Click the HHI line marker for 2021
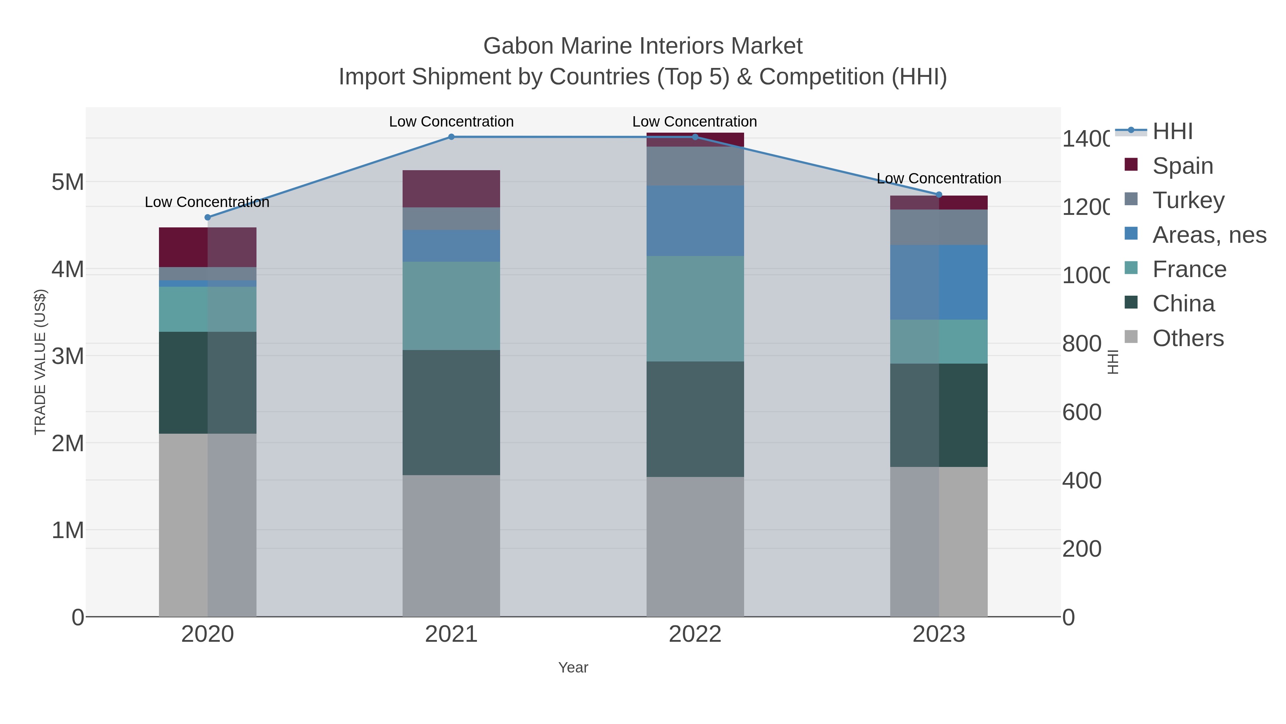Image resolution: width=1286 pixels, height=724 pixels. click(451, 137)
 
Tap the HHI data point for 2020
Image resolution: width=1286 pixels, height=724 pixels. click(208, 217)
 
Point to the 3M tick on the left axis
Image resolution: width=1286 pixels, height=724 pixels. click(68, 356)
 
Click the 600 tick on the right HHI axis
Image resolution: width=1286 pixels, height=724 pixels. click(1081, 412)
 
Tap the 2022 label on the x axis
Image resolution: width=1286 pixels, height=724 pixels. click(694, 634)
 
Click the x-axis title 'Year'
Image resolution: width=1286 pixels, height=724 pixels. click(573, 667)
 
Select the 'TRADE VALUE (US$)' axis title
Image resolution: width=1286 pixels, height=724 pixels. click(40, 362)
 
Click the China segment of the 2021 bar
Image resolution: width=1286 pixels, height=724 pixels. click(451, 412)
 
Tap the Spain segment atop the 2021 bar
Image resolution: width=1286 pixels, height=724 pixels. click(451, 188)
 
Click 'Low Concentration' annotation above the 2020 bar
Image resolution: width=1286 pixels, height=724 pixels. click(207, 202)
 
